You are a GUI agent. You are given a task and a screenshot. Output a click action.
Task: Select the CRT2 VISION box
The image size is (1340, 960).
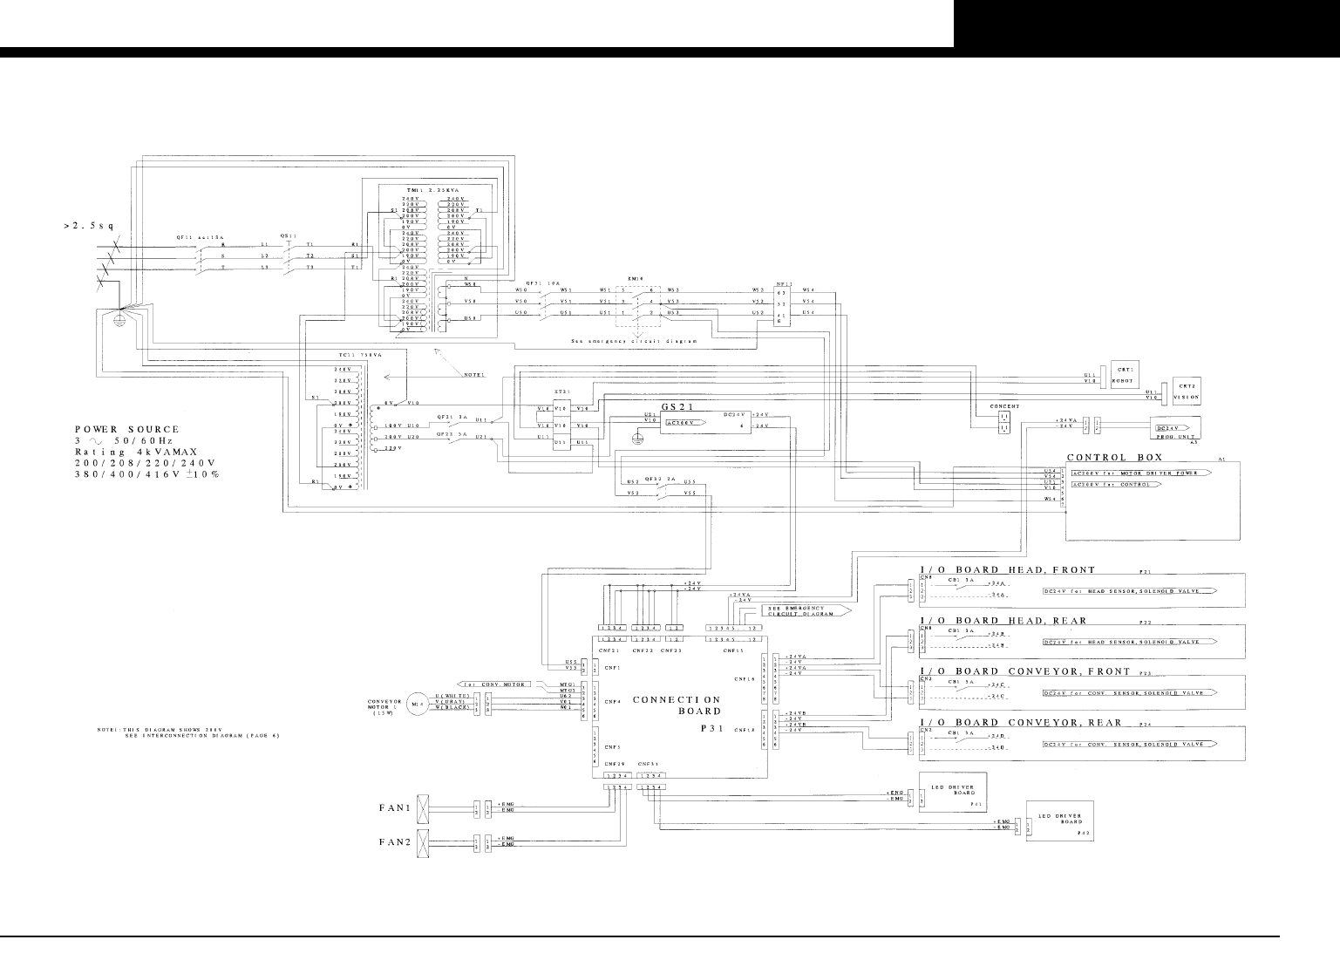pos(1187,391)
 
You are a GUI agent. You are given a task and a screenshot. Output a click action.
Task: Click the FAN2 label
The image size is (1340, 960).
pos(394,843)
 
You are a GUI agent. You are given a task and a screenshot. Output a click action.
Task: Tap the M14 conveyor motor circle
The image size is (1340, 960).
pos(416,703)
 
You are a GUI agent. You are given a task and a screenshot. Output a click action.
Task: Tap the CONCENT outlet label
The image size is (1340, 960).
pos(1004,406)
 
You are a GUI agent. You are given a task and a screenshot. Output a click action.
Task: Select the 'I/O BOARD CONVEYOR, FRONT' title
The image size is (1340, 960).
pos(1024,671)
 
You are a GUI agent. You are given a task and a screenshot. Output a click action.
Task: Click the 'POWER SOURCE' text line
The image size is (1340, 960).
pos(126,429)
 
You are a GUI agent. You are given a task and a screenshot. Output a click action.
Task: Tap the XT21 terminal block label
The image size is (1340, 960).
pos(561,392)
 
